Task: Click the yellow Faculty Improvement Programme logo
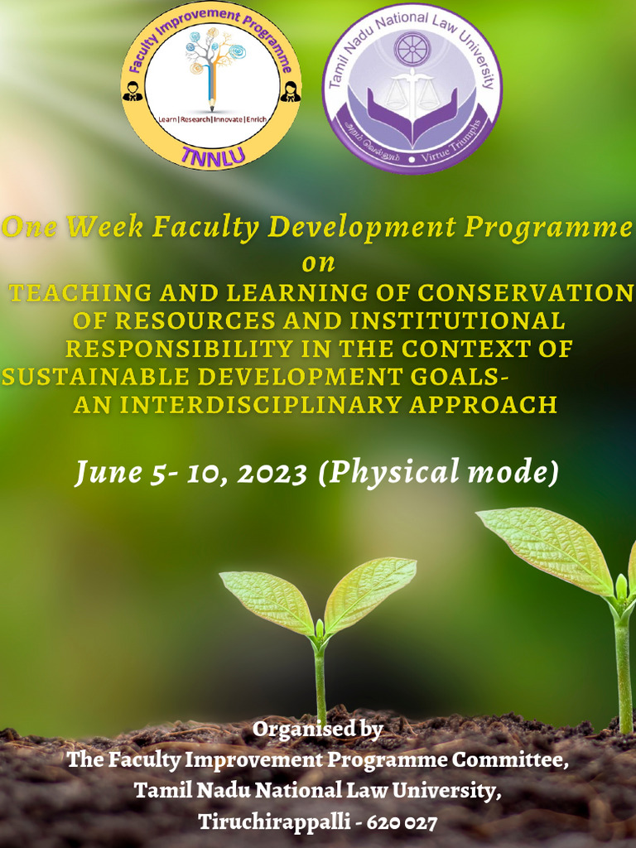point(212,86)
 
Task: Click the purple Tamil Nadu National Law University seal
point(412,88)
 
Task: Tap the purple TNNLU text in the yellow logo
point(212,154)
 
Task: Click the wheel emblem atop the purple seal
point(412,49)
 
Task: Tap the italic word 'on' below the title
point(319,263)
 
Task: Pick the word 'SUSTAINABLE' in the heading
point(96,377)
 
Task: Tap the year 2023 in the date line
point(273,473)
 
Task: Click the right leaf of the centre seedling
point(370,590)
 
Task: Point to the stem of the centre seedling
point(320,679)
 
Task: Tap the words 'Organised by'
point(318,730)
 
